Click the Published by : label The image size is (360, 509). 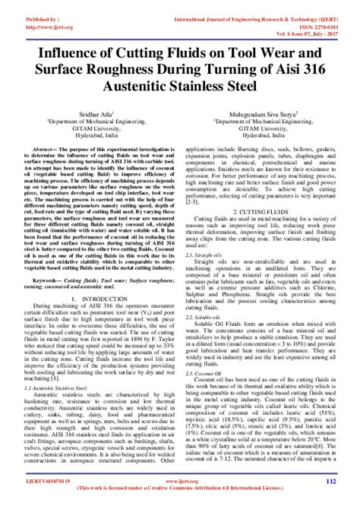coord(26,8)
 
